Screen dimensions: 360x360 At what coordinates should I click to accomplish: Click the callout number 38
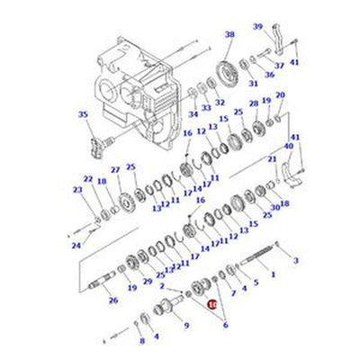(229, 34)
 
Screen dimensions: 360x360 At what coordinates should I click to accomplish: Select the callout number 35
(84, 115)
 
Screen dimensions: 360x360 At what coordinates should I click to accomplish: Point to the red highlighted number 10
(212, 305)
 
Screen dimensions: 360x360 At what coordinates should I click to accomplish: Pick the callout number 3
(295, 260)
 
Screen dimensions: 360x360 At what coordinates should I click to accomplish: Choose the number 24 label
(76, 244)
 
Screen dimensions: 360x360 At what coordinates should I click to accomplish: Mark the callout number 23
(76, 190)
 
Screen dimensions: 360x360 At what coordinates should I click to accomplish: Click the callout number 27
(115, 170)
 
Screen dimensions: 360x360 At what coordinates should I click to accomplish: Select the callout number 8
(140, 341)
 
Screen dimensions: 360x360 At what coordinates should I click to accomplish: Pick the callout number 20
(280, 95)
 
